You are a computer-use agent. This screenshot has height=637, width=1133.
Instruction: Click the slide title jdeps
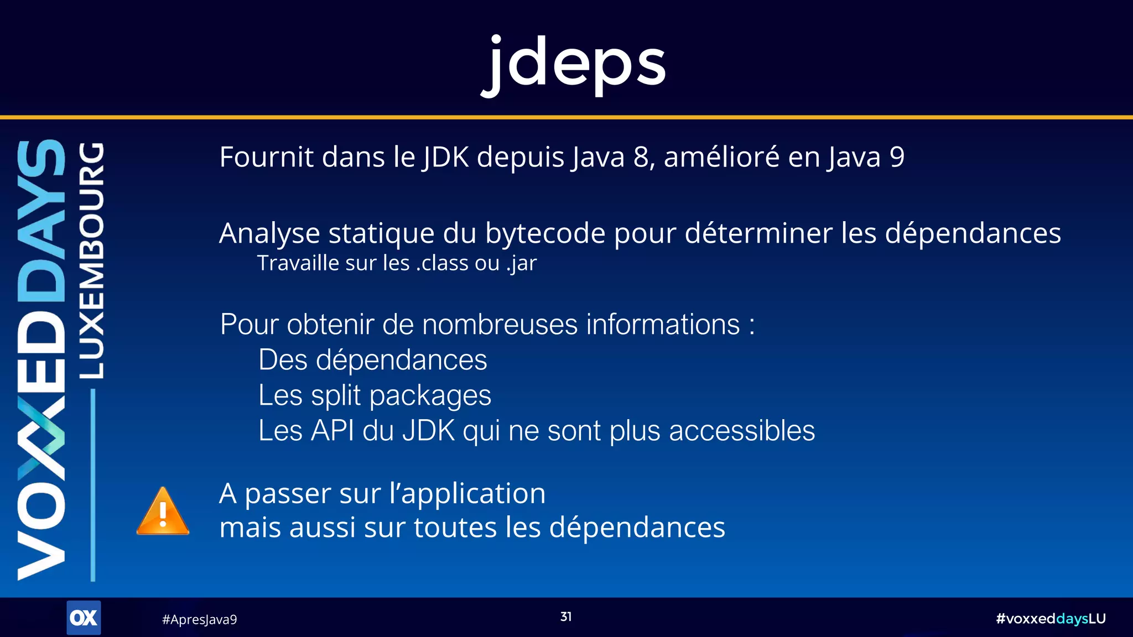click(x=574, y=64)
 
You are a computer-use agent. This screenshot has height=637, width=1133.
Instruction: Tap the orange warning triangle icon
click(x=163, y=513)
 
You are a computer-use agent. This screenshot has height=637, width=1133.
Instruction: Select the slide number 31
click(x=566, y=617)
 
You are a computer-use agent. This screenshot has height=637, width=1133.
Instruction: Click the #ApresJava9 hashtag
click(x=199, y=619)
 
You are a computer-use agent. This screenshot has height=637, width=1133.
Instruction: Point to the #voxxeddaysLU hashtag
click(x=1051, y=618)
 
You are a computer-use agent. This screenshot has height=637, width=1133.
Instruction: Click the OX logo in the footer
click(x=84, y=618)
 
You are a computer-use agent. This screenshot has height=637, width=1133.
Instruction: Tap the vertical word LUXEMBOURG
click(x=91, y=260)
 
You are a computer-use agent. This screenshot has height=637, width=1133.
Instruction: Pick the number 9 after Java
click(x=897, y=157)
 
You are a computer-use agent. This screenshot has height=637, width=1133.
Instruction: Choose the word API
click(x=332, y=431)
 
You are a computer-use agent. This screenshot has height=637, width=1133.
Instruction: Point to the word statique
click(x=381, y=233)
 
